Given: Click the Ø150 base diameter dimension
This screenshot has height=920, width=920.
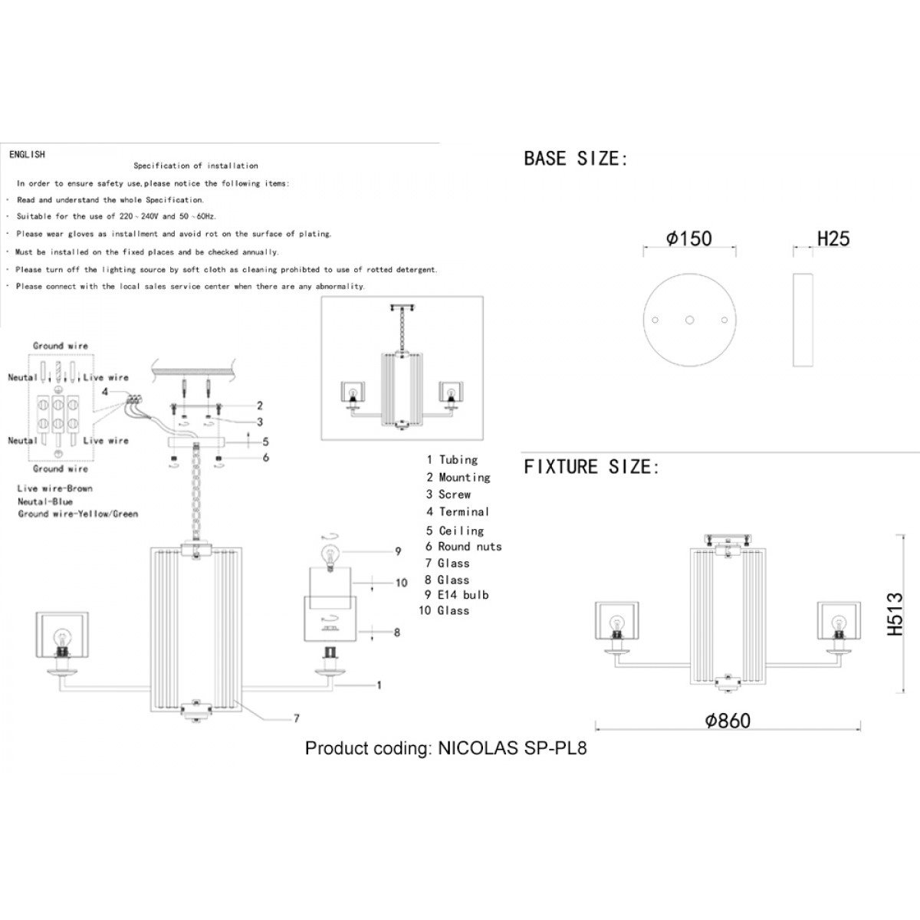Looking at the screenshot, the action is point(689,238).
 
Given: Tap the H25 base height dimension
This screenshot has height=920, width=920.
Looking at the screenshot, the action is point(833,238).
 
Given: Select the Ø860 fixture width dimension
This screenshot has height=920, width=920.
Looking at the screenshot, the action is point(728,721).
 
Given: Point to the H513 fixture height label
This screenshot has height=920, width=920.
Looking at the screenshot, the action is point(895,614).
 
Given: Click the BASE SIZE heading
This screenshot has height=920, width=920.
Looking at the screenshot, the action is point(576,159).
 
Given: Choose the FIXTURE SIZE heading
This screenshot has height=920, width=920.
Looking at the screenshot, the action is point(592,466).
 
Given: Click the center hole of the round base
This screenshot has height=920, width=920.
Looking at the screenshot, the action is point(689,320).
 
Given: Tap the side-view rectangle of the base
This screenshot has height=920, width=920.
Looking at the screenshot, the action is point(803,320).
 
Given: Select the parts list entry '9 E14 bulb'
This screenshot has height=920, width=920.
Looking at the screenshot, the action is point(456,595).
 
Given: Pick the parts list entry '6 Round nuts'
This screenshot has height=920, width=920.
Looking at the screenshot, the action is point(463,546).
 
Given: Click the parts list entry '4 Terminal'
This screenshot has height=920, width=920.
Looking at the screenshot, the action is point(458,512).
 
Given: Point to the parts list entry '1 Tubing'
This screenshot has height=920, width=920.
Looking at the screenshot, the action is point(452,460).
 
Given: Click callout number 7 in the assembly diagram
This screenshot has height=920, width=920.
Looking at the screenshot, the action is point(297,718).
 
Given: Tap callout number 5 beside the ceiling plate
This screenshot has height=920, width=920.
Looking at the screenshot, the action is point(265,442).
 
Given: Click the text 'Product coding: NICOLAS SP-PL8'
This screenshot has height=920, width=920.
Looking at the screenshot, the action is point(446,748).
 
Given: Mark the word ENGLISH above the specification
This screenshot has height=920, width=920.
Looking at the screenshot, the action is point(27,155).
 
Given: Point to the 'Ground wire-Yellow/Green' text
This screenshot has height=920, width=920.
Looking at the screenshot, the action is point(78,514).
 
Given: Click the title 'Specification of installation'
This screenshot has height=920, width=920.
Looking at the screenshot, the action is point(195,166).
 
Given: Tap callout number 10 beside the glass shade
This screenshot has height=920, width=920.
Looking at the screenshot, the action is point(401,583).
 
